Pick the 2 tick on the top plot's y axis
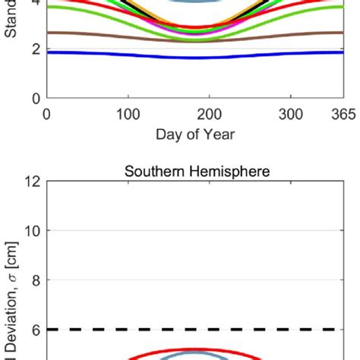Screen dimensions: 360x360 pyautogui.click(x=33, y=49)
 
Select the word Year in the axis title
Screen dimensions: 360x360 pyautogui.click(x=219, y=134)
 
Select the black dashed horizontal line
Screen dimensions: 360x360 pyautogui.click(x=190, y=330)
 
